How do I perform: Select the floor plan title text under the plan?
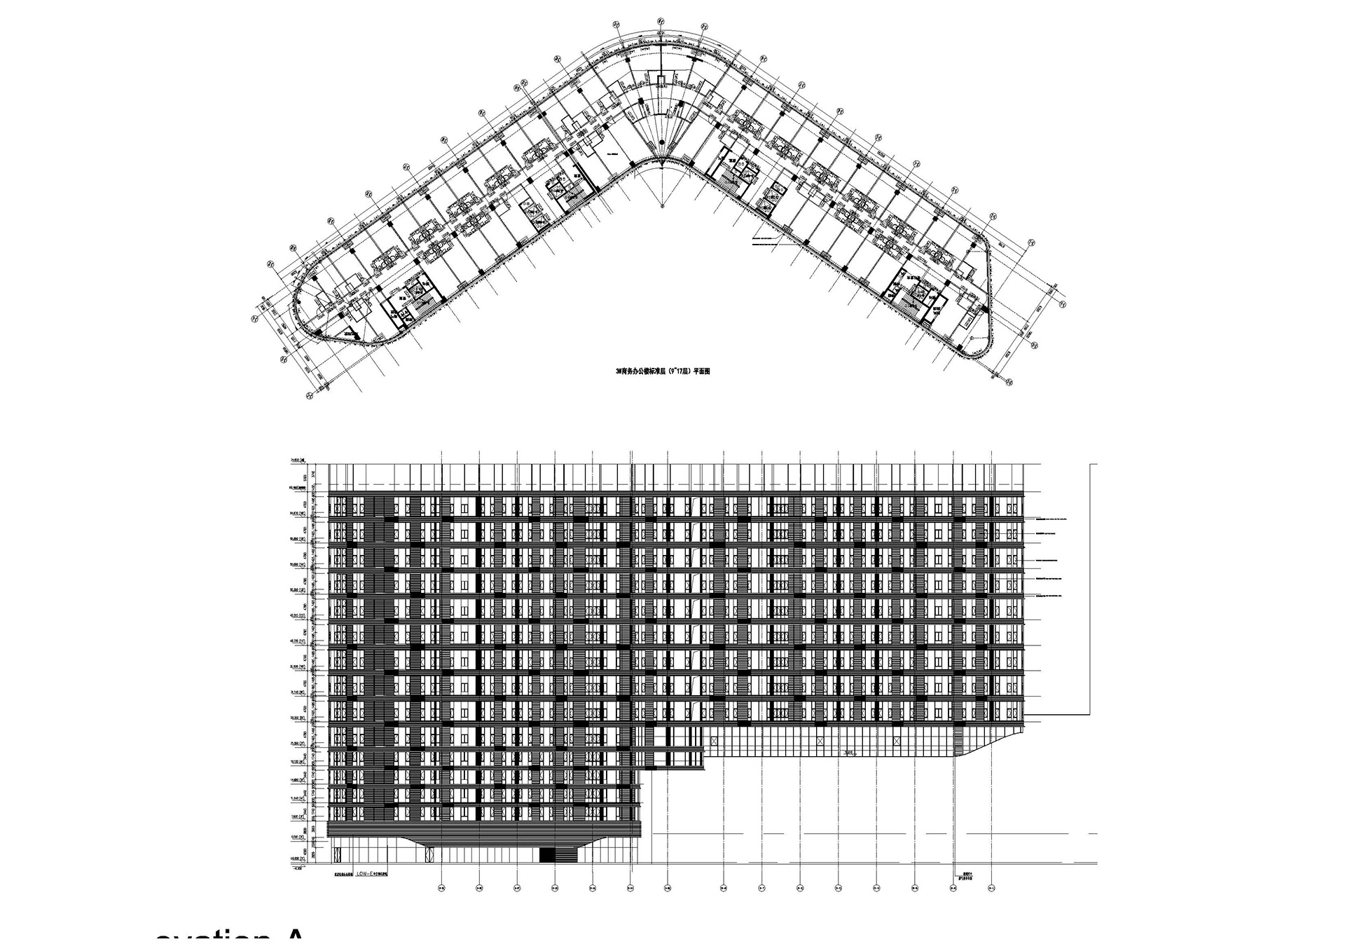pos(663,372)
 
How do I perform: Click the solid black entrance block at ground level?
pos(558,855)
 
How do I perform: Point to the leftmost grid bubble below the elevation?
pos(441,889)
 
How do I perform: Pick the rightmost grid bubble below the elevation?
pos(991,889)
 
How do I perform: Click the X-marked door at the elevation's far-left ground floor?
pos(337,855)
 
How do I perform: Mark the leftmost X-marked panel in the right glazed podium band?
pos(714,741)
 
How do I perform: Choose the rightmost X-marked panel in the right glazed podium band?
pos(897,741)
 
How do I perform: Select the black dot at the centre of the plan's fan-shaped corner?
pos(661,144)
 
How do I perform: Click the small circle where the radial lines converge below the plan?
pos(663,205)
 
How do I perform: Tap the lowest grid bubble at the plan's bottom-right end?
pos(1009,382)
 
